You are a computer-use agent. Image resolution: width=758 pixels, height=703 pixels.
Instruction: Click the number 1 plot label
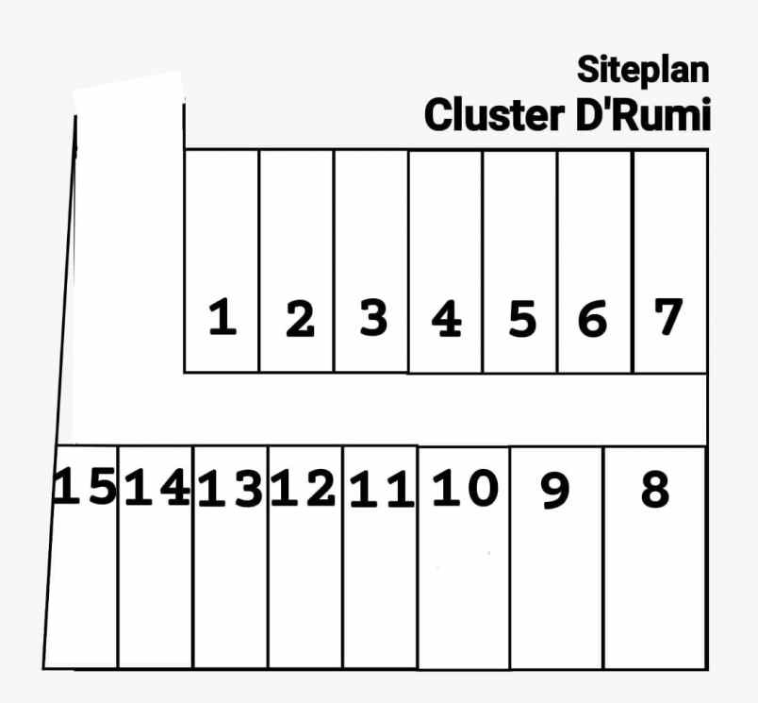coord(222,317)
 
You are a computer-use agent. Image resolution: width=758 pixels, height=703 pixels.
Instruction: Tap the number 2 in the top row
coord(300,318)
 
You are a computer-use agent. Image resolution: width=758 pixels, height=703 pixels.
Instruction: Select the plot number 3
coord(373,317)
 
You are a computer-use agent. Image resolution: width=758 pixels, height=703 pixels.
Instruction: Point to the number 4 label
coord(447,318)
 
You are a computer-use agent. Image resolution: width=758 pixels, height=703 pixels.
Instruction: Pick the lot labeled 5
coord(522,318)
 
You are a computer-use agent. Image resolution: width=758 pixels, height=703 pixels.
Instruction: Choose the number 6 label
coord(592,318)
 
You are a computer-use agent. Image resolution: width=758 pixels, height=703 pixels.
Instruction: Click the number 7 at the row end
coord(668,316)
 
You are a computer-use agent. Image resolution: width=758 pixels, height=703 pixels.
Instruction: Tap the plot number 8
coord(655,490)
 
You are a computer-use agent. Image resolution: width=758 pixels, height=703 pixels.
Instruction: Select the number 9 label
coord(555,491)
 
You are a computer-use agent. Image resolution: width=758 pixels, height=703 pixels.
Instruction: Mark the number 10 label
coord(465,488)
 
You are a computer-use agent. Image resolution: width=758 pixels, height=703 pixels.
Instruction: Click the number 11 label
coord(382,490)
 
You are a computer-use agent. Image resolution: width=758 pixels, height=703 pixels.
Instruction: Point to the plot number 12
coord(303,488)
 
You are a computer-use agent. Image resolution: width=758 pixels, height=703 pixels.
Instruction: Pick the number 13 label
coord(231,489)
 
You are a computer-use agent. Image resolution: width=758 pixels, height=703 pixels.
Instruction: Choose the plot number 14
coord(157,487)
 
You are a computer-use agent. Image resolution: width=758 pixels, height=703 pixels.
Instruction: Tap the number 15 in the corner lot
coord(85,487)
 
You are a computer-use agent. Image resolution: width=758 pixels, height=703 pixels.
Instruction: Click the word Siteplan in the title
coord(643,70)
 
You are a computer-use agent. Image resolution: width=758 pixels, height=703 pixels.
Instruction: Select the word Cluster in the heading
coord(494,115)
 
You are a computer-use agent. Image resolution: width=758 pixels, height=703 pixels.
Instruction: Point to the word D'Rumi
coord(643,114)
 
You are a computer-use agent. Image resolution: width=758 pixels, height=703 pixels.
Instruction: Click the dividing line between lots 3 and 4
coord(408,261)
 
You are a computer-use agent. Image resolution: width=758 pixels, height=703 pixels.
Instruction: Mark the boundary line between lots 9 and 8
coord(603,558)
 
